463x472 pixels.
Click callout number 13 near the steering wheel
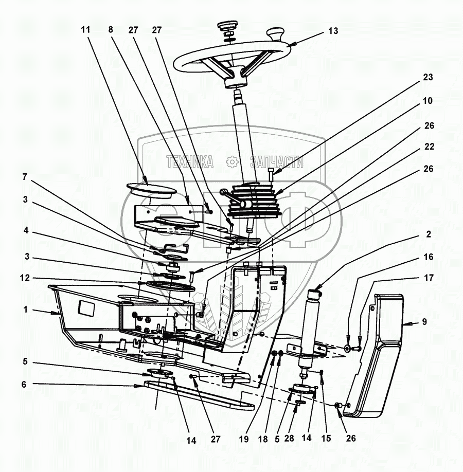point(333,31)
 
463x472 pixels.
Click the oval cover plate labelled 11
point(144,188)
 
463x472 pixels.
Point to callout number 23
point(428,78)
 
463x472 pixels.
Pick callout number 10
point(428,101)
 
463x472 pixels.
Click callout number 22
point(428,147)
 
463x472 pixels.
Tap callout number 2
point(428,234)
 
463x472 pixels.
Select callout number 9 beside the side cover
point(424,322)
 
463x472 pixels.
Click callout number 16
point(428,256)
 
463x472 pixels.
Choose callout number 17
point(428,278)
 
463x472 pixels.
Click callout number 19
point(244,439)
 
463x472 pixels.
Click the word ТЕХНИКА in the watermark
point(190,162)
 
